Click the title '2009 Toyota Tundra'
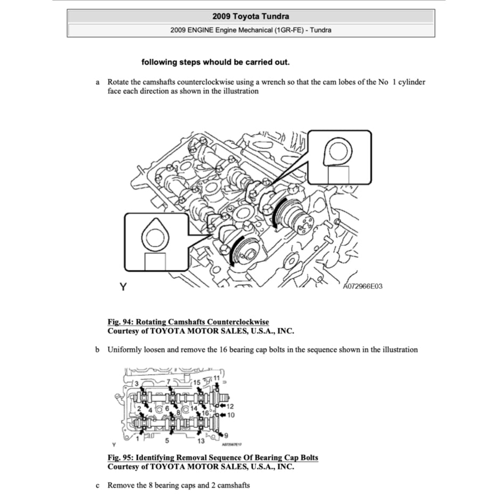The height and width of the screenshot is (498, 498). pos(251,16)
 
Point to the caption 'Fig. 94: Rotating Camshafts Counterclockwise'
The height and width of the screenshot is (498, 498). pos(188,322)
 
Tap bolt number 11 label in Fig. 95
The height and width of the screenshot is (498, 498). pos(216,378)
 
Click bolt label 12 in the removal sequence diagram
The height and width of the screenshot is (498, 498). pos(230,406)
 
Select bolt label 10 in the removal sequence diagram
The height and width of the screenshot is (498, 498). pos(231,414)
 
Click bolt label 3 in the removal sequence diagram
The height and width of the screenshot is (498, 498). pos(136,384)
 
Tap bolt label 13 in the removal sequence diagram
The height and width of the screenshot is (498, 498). pos(201,441)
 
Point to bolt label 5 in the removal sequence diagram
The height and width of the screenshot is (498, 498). pos(167,440)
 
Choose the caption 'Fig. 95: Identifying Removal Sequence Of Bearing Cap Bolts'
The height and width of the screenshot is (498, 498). pos(213,458)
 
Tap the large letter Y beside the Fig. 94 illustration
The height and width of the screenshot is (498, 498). pos(123,287)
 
